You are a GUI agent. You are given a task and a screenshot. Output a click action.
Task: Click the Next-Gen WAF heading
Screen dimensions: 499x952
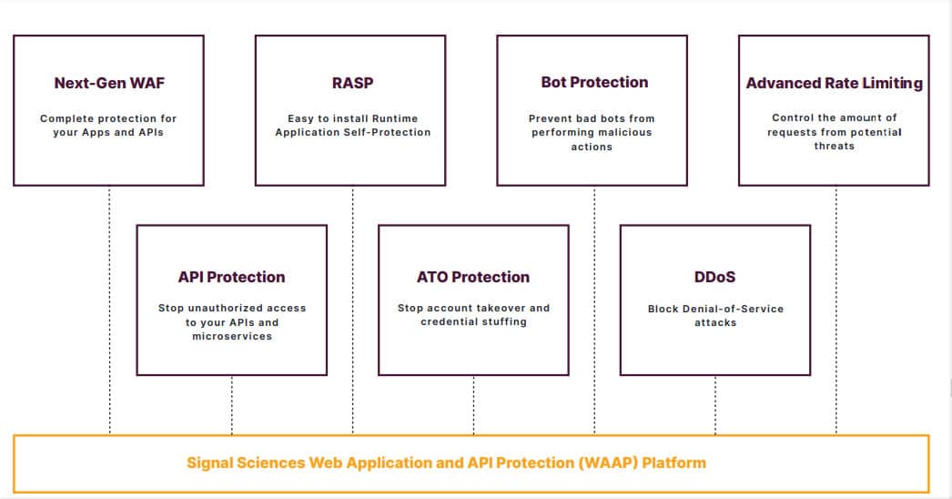[109, 83]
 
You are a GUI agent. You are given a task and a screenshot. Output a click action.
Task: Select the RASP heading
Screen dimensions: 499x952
[352, 83]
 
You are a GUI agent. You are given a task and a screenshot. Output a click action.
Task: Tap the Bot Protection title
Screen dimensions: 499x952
[594, 83]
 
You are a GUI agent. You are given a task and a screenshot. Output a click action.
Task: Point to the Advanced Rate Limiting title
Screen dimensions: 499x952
[834, 83]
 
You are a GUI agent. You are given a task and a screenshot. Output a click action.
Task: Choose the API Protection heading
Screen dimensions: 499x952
[231, 277]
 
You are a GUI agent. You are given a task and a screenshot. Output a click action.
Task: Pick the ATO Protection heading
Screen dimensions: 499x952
[473, 277]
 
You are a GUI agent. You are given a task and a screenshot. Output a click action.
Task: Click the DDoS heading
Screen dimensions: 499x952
[714, 277]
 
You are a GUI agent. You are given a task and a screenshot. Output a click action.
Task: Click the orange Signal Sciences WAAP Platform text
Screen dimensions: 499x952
[446, 463]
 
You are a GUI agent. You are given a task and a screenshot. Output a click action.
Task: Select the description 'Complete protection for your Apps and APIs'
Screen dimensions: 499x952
[108, 126]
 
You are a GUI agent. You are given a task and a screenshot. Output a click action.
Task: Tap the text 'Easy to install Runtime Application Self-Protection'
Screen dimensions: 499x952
[352, 126]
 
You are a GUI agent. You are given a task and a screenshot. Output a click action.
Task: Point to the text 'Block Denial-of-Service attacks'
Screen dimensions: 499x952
[715, 315]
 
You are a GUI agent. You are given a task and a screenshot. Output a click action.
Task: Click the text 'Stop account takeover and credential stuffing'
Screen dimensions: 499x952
[473, 314]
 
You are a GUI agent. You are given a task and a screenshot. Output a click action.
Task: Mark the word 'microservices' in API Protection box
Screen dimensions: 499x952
[231, 337]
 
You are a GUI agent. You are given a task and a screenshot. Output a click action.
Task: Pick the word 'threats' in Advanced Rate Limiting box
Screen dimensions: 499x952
[834, 147]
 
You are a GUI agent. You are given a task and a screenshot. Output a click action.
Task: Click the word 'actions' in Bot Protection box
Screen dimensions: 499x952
[592, 147]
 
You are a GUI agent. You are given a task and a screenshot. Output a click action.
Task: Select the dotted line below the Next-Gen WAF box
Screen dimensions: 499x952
[110, 310]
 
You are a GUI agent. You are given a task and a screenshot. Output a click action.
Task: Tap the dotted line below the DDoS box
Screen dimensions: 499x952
[715, 404]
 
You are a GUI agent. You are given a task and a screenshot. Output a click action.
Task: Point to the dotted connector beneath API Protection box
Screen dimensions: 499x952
[231, 404]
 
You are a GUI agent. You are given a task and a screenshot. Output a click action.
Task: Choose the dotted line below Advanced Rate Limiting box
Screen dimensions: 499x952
[836, 310]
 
